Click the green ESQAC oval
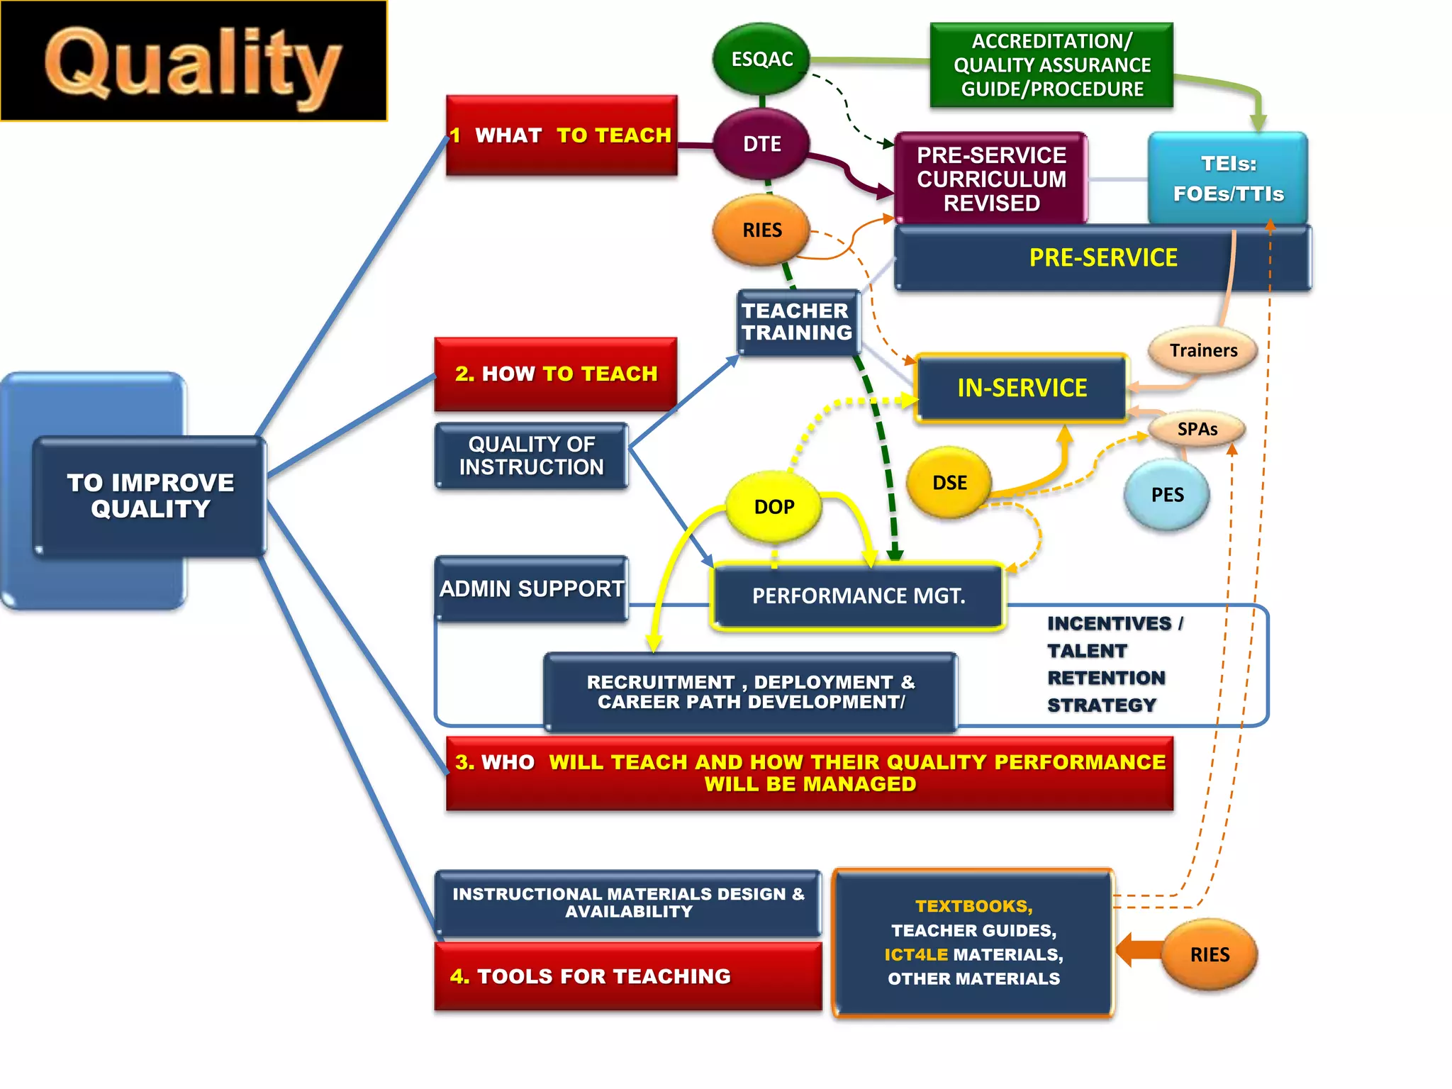761,59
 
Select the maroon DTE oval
761,144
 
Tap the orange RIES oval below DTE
761,230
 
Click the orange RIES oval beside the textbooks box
1210,954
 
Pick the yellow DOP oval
774,506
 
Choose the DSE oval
949,483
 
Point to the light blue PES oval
1167,495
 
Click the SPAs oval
1197,429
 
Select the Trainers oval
1203,350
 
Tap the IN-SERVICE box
1022,388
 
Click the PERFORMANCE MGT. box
858,596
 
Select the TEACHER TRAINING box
798,322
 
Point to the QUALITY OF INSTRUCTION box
531,455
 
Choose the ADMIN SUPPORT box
531,588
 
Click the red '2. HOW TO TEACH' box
556,374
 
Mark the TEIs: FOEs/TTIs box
1228,178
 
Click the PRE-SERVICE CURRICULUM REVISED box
990,179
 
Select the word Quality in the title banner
193,64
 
